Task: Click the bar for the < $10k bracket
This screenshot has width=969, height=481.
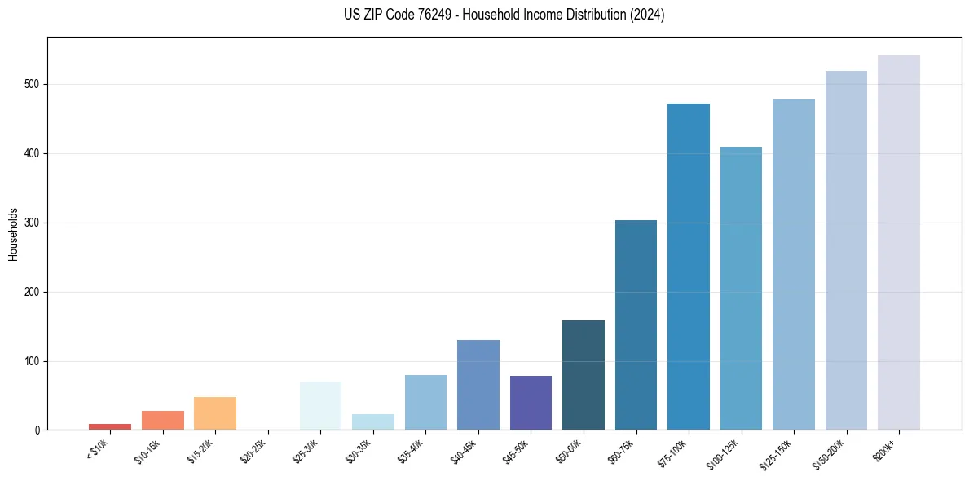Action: pyautogui.click(x=110, y=426)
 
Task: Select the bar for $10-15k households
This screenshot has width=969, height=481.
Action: pyautogui.click(x=163, y=420)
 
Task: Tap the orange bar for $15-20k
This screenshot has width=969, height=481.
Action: pyautogui.click(x=215, y=413)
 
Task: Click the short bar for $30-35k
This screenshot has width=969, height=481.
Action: pyautogui.click(x=373, y=421)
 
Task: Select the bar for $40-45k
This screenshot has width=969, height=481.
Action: pyautogui.click(x=478, y=385)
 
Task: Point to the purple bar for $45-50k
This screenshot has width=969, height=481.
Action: pyautogui.click(x=531, y=403)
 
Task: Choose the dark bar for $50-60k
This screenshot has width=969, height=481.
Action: pyautogui.click(x=584, y=375)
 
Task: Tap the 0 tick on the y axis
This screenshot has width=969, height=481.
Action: pyautogui.click(x=37, y=430)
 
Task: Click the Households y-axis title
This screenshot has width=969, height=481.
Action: pyautogui.click(x=13, y=233)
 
